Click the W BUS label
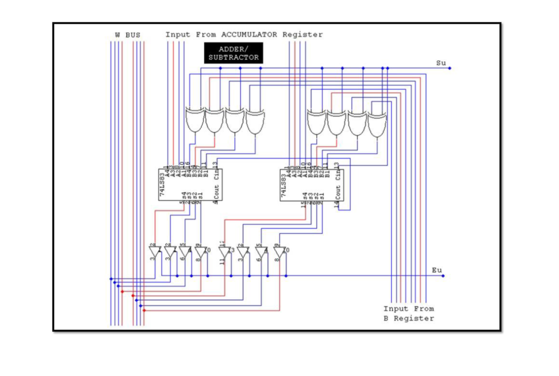(127, 35)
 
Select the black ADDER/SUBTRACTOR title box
(234, 53)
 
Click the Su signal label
(441, 63)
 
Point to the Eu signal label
(437, 270)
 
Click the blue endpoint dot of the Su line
(450, 68)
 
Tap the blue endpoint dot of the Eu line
(443, 276)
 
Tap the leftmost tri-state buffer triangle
(155, 251)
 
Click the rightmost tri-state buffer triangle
(279, 251)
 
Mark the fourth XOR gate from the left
(255, 122)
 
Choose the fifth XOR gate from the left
(316, 122)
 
